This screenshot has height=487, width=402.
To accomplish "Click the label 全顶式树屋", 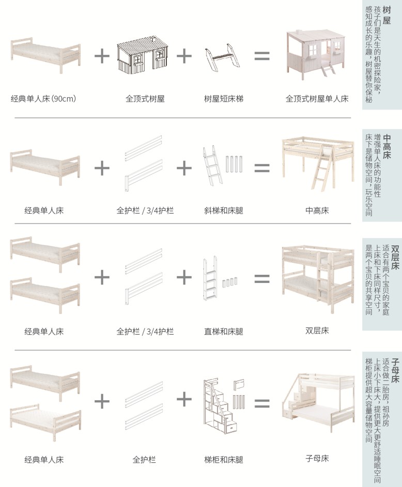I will (x=145, y=98).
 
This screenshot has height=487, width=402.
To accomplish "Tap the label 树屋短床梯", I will (x=223, y=98).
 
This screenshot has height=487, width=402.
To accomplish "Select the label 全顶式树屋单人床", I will (x=317, y=98).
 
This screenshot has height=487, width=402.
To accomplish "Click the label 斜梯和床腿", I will (x=223, y=211).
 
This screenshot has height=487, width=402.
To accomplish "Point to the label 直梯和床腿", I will (x=223, y=331).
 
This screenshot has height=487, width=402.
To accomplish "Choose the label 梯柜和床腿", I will (x=223, y=459).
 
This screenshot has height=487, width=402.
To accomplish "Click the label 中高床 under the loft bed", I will (x=317, y=210).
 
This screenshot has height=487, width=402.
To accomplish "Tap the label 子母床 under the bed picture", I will (x=317, y=458).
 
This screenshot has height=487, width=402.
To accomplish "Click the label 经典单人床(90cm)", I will (x=43, y=98).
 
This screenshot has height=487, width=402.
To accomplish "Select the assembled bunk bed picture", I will (x=317, y=279).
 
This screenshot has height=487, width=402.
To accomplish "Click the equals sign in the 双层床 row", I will (x=262, y=279).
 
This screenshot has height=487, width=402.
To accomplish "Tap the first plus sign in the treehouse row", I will (x=102, y=56).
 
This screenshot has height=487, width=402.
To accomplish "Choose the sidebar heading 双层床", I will (x=396, y=258).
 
